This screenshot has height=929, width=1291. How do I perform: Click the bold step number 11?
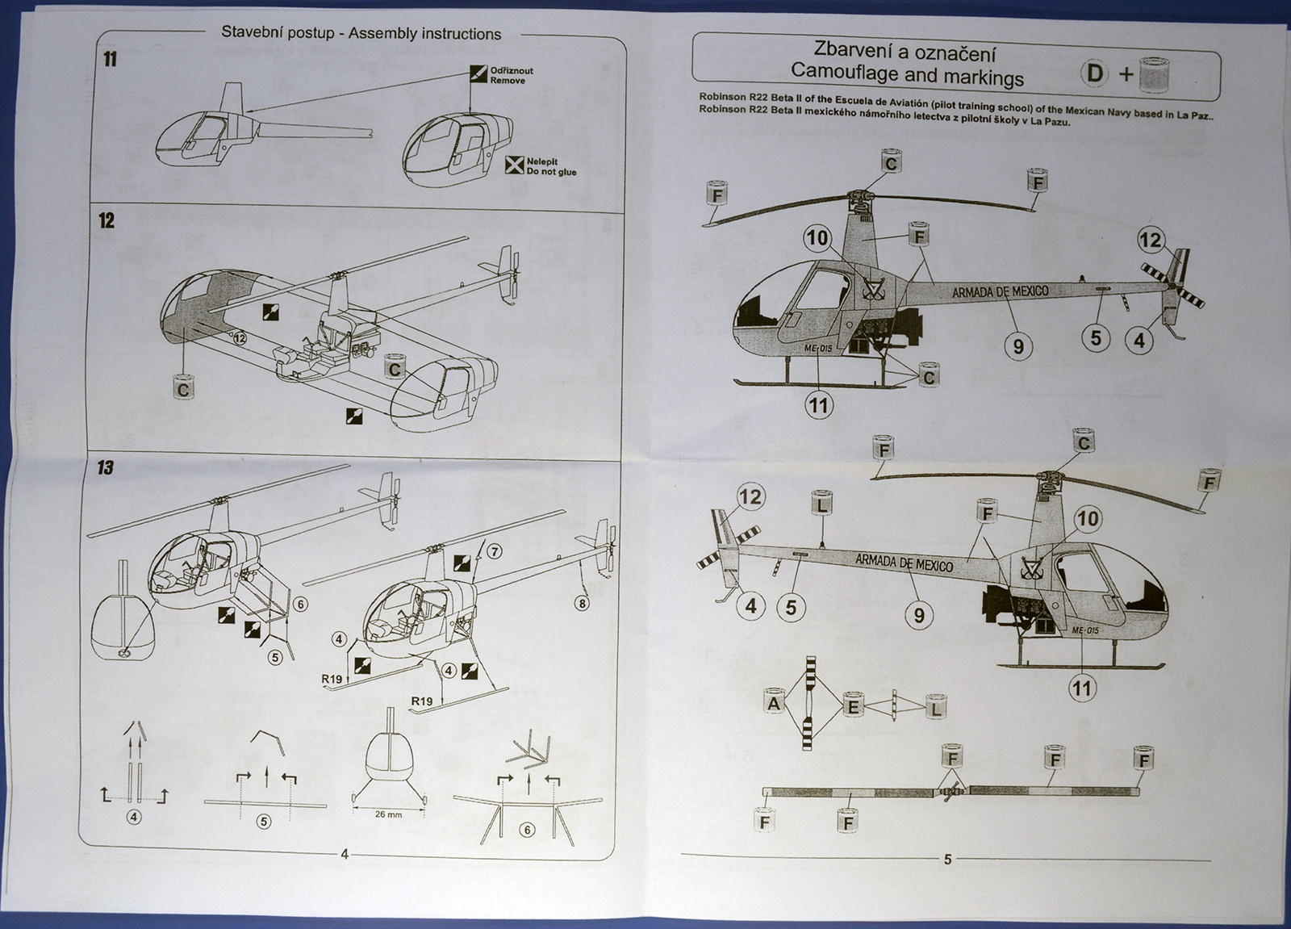(x=111, y=60)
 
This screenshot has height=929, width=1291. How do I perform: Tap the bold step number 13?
(x=106, y=468)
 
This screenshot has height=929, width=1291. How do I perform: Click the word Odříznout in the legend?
(x=512, y=71)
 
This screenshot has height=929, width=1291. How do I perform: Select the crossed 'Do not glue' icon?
(x=512, y=165)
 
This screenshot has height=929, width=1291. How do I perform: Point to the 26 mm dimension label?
(x=388, y=814)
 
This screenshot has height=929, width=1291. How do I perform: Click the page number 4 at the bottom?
(x=345, y=854)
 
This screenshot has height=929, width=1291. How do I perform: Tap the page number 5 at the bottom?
(x=948, y=860)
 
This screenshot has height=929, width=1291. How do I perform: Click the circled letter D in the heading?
(x=1095, y=73)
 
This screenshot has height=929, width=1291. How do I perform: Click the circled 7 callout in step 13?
(x=494, y=552)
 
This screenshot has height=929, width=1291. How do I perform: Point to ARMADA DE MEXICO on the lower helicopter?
(x=904, y=562)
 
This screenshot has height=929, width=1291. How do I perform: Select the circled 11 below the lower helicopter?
(x=1082, y=688)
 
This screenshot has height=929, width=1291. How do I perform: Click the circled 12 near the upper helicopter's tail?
(x=1151, y=240)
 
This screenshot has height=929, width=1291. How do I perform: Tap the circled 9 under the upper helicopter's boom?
(x=1018, y=346)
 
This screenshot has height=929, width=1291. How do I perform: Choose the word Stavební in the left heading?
(x=250, y=34)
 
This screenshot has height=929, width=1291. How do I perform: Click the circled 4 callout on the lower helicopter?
(x=751, y=606)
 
